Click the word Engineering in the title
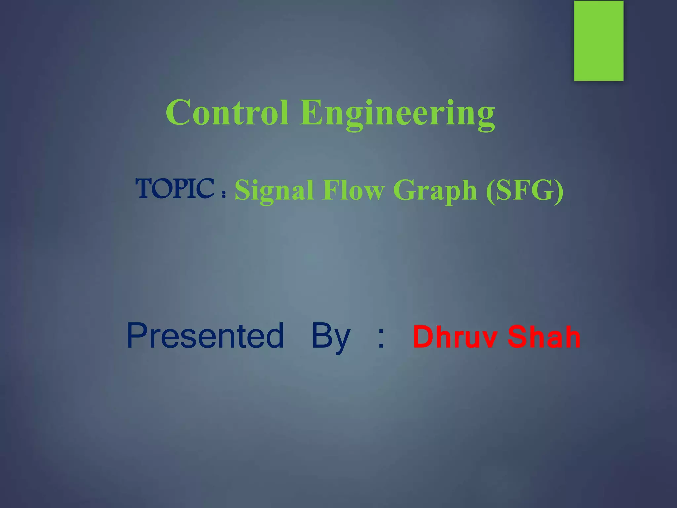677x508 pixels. (x=397, y=113)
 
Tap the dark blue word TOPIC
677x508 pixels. (x=175, y=189)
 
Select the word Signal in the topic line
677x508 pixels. (x=274, y=190)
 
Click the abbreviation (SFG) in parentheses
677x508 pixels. (x=525, y=190)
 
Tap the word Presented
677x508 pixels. (x=205, y=336)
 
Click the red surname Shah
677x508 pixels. (x=544, y=337)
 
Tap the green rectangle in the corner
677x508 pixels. (x=599, y=41)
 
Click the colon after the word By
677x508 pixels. (x=381, y=339)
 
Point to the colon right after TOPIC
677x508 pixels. (x=224, y=194)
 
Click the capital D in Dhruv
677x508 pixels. (x=423, y=337)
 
